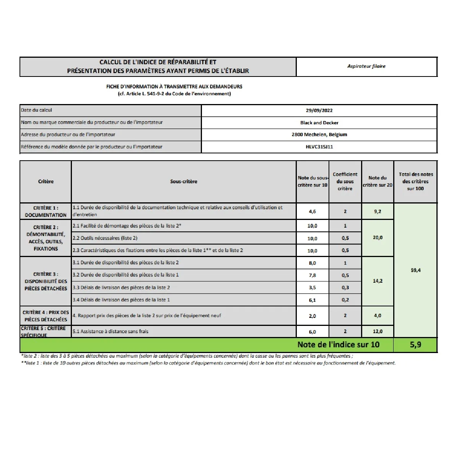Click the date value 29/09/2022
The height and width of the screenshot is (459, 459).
[319, 111]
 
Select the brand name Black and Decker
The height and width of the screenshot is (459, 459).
[319, 123]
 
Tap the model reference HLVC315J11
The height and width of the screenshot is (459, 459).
[319, 147]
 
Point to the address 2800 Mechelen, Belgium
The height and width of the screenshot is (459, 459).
[319, 135]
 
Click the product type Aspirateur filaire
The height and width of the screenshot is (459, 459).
[366, 67]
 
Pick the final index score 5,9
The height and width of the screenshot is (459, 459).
[415, 345]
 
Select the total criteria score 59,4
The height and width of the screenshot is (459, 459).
[415, 270]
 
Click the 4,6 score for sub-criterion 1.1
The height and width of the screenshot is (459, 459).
[312, 212]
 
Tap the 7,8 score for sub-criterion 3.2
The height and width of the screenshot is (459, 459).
[312, 275]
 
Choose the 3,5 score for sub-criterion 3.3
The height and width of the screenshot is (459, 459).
[312, 288]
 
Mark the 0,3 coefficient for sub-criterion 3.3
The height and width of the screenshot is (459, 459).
[345, 288]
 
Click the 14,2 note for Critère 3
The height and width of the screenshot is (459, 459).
[378, 281]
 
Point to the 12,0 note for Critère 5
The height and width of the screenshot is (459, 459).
[378, 332]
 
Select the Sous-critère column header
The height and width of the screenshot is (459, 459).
[184, 182]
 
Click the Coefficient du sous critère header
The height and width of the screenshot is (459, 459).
[345, 181]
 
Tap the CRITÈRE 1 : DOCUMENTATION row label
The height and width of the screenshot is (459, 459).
[46, 212]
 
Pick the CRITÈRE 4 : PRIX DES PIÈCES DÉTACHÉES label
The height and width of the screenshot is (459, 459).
[46, 316]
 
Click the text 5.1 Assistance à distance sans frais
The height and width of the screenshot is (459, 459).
[111, 332]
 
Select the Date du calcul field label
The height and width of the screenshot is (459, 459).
[36, 110]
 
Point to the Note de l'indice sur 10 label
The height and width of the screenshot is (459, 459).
[338, 345]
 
